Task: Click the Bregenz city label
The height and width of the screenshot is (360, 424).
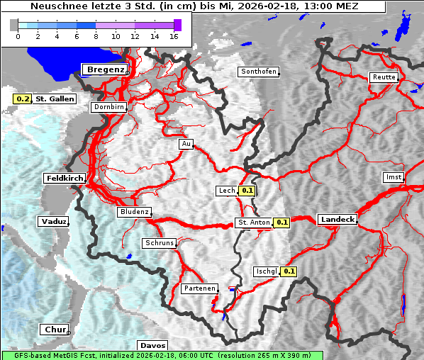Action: pyautogui.click(x=106, y=69)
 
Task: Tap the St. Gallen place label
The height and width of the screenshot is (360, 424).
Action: pyautogui.click(x=55, y=99)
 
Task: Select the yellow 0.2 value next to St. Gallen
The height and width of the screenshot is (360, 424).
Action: pyautogui.click(x=23, y=99)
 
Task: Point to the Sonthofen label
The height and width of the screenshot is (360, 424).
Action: pyautogui.click(x=258, y=72)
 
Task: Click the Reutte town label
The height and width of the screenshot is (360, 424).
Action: pyautogui.click(x=383, y=77)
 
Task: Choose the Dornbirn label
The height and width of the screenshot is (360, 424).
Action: pyautogui.click(x=108, y=107)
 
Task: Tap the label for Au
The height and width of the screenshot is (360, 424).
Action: pyautogui.click(x=186, y=144)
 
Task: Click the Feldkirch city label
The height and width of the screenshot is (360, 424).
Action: pyautogui.click(x=65, y=178)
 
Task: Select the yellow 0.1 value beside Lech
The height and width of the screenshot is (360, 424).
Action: pyautogui.click(x=247, y=191)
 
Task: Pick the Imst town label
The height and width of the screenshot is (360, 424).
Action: pyautogui.click(x=392, y=176)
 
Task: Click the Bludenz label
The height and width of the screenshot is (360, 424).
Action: pyautogui.click(x=134, y=212)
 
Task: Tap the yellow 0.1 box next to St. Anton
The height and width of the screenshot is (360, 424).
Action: pyautogui.click(x=282, y=223)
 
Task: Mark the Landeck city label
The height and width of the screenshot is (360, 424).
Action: pyautogui.click(x=337, y=220)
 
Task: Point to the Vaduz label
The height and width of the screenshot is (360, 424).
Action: pyautogui.click(x=53, y=222)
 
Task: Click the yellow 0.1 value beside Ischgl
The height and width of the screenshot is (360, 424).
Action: pyautogui.click(x=289, y=271)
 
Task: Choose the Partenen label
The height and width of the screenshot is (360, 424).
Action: pyautogui.click(x=198, y=288)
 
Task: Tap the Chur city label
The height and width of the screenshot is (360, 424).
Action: pyautogui.click(x=55, y=330)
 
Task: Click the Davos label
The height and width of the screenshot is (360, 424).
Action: pyautogui.click(x=153, y=345)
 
